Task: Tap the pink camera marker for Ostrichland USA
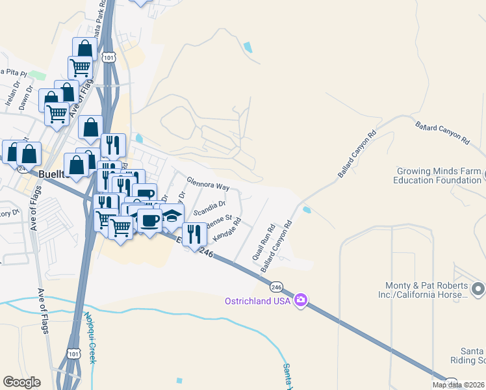coord(300,300)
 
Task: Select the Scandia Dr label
coord(209,207)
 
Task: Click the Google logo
coord(21,382)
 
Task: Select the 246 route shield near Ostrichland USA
coord(277,286)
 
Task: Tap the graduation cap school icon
coord(172,216)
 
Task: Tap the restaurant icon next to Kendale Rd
coord(194,234)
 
